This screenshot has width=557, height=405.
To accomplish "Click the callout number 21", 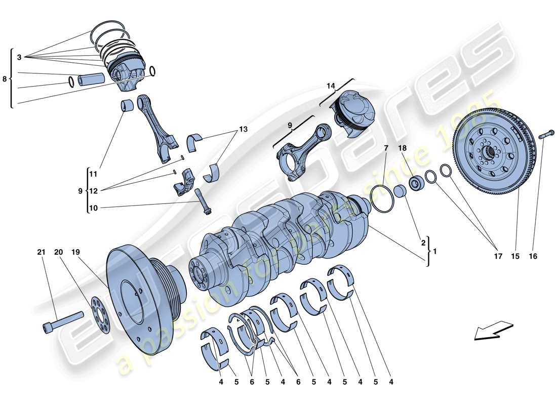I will tap(41, 252).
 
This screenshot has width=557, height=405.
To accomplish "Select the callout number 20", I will tap(58, 252).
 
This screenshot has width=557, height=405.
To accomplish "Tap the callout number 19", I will tap(75, 252).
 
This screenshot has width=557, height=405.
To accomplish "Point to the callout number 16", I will tap(533, 257).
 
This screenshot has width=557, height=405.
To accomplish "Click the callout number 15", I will tap(514, 257).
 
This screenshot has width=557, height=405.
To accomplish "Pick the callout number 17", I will tap(498, 257).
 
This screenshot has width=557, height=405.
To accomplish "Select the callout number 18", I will tap(402, 148).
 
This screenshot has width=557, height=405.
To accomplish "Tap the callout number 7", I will tap(385, 148).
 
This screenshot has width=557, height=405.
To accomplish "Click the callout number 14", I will tap(331, 86).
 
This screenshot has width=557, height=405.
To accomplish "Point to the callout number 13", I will tap(243, 130).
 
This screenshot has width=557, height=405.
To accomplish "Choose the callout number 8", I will tap(5, 79).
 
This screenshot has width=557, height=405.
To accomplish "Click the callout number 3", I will tap(19, 58).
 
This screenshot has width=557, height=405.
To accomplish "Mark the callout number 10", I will tap(93, 208).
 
